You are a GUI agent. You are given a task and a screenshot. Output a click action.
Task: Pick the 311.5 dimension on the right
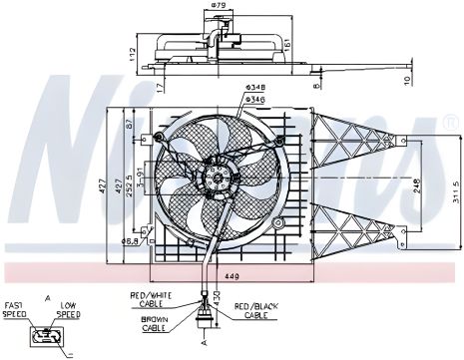pos(453,186)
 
